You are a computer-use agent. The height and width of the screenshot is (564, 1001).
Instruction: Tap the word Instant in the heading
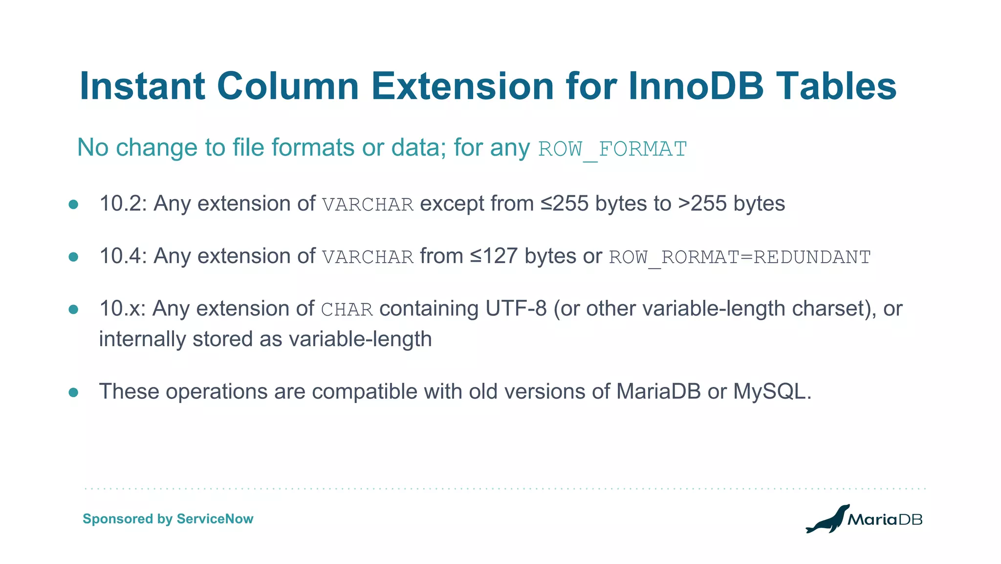click(x=142, y=86)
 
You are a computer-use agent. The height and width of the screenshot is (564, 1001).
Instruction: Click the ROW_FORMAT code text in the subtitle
click(x=612, y=149)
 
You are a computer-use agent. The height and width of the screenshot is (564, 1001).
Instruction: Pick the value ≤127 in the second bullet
click(x=494, y=256)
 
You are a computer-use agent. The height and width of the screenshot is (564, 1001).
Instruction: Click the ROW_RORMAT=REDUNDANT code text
click(x=740, y=257)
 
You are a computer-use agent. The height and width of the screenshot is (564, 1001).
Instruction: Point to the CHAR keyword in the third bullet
click(x=347, y=310)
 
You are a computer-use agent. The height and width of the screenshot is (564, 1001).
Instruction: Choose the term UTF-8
click(x=516, y=309)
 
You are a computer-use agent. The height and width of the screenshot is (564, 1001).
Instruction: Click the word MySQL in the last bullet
click(x=772, y=391)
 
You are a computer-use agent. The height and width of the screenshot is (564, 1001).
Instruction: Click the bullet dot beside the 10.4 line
click(x=73, y=257)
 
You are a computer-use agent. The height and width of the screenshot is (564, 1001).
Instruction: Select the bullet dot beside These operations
click(x=73, y=392)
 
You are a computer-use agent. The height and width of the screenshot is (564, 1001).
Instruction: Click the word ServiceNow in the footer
click(x=215, y=519)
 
